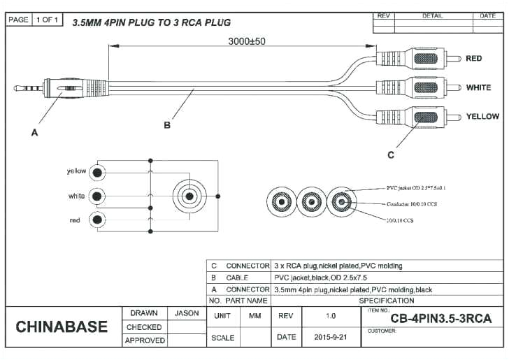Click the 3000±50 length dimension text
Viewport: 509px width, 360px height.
tap(247, 41)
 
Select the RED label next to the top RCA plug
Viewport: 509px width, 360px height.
tap(473, 59)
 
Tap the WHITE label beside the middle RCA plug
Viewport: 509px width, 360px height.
tap(478, 88)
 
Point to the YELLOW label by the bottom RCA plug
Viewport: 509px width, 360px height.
tap(482, 116)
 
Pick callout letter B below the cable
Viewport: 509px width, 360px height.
tap(167, 125)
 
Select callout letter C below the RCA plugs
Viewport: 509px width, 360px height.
tap(391, 154)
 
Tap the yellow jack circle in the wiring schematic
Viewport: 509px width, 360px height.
tap(99, 171)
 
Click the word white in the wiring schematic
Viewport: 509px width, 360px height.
tap(76, 196)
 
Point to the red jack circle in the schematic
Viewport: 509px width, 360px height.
tap(99, 220)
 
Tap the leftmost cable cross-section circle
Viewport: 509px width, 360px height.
tap(281, 203)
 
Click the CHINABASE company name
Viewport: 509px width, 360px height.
tap(62, 327)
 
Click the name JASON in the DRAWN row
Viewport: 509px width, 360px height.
tap(187, 313)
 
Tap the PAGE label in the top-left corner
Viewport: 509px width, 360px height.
tap(19, 20)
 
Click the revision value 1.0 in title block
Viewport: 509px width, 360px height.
tap(331, 316)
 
